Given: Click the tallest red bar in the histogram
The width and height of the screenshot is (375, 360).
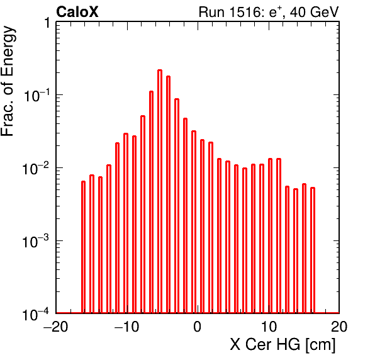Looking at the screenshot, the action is (x=160, y=191).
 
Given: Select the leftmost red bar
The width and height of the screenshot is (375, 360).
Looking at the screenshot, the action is (x=83, y=247).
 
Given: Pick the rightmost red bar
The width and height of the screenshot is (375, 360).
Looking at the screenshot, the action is (x=313, y=250).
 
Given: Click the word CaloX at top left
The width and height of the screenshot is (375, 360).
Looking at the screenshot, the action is (x=77, y=12).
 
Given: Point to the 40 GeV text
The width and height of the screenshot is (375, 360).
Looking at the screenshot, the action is (x=314, y=12).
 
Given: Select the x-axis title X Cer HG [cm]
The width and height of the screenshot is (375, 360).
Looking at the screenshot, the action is (x=283, y=345).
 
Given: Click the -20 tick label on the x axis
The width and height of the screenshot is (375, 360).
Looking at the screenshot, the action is (x=56, y=326).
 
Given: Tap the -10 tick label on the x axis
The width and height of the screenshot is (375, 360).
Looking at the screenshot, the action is (x=126, y=326).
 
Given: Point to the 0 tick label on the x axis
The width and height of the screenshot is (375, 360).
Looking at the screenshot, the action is (x=198, y=326).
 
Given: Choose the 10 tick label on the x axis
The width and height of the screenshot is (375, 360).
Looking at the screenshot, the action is (x=269, y=326).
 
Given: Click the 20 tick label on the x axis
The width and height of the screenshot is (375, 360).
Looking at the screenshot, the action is (x=339, y=326).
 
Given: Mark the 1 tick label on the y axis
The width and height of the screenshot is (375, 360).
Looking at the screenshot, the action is (x=47, y=23).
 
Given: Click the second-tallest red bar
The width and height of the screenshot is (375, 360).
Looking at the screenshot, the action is (x=169, y=194).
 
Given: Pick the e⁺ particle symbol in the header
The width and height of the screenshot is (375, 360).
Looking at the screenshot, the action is (x=275, y=12).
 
